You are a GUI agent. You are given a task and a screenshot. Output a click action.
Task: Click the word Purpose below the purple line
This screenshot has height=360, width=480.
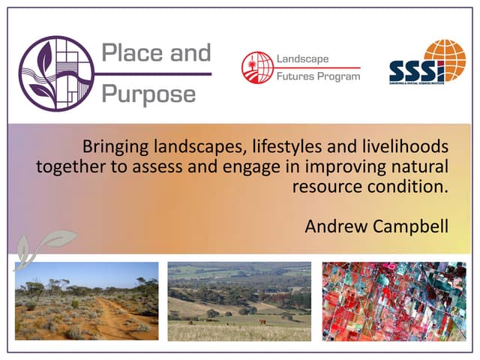click(x=148, y=94)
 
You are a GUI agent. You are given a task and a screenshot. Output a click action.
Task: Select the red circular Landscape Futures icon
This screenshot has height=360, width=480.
click(x=255, y=65)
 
